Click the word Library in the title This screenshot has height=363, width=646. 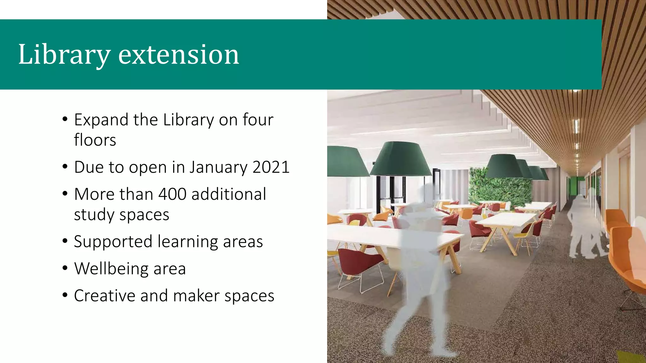(x=64, y=55)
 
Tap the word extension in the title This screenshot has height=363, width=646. (x=179, y=55)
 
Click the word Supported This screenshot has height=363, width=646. (x=113, y=242)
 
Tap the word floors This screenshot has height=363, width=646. (x=95, y=140)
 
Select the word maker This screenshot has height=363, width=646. (x=196, y=296)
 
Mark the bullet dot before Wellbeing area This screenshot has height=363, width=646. (x=65, y=268)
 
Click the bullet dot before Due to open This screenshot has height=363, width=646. (x=65, y=167)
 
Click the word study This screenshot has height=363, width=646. (x=94, y=215)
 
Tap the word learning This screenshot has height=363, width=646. (x=187, y=242)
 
